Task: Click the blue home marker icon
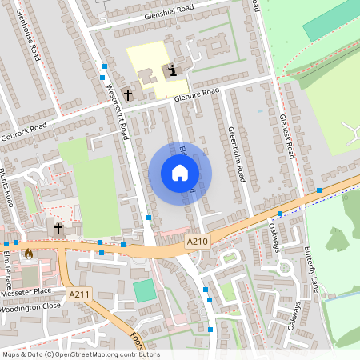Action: tap(180, 173)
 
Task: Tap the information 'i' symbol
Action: tap(172, 71)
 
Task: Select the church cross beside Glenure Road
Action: tap(127, 94)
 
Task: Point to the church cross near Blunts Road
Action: tap(58, 229)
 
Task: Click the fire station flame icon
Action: tap(29, 254)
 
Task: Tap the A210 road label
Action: tap(196, 241)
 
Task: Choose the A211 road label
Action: tap(78, 294)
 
